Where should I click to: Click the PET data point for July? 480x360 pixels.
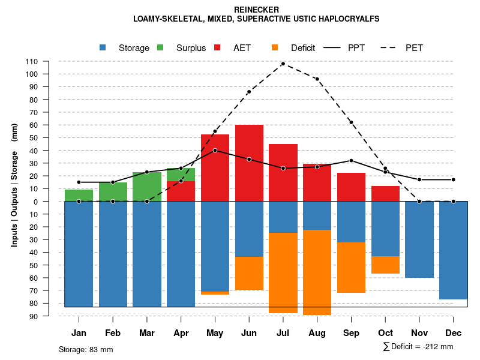(x=283, y=64)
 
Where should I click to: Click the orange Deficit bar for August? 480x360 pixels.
(x=317, y=272)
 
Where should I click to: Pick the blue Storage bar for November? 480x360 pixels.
(x=419, y=239)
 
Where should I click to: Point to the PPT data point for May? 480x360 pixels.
(x=215, y=150)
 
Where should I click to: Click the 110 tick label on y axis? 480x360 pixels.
(x=32, y=61)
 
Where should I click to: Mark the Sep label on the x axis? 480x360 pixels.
(x=351, y=333)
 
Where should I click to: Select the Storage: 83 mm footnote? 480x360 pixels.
(x=86, y=349)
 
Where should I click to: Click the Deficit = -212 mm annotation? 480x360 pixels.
(x=418, y=347)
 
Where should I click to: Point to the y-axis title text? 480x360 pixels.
(x=14, y=190)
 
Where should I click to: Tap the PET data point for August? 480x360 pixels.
(x=317, y=79)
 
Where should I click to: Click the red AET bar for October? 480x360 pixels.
(x=385, y=193)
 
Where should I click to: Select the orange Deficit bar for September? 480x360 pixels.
(x=351, y=268)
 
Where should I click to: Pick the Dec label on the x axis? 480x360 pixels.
(x=454, y=333)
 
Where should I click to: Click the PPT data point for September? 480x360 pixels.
(x=351, y=160)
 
